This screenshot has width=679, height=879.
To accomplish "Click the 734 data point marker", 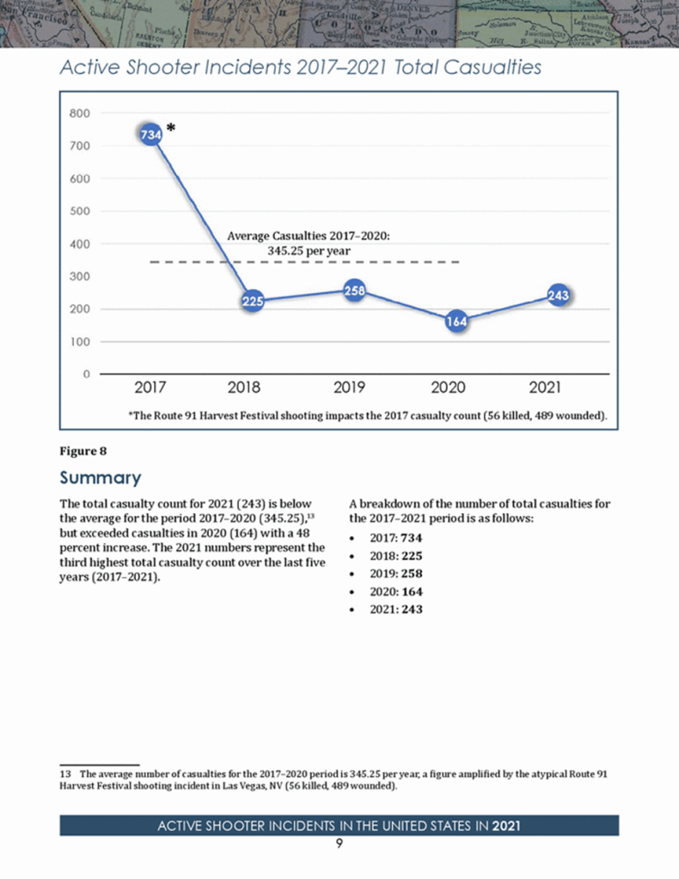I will pyautogui.click(x=150, y=134).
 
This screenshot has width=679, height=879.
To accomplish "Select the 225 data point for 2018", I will pyautogui.click(x=252, y=302).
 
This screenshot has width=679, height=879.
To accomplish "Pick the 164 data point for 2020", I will pyautogui.click(x=456, y=321).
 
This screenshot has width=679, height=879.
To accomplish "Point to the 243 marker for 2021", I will pyautogui.click(x=560, y=296).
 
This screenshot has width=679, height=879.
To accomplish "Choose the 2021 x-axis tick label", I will pyautogui.click(x=546, y=388).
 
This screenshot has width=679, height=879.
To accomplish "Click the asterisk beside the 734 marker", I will pyautogui.click(x=171, y=128).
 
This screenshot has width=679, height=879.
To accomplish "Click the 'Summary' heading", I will pyautogui.click(x=99, y=478).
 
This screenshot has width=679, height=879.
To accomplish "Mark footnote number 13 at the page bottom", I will pyautogui.click(x=64, y=774).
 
